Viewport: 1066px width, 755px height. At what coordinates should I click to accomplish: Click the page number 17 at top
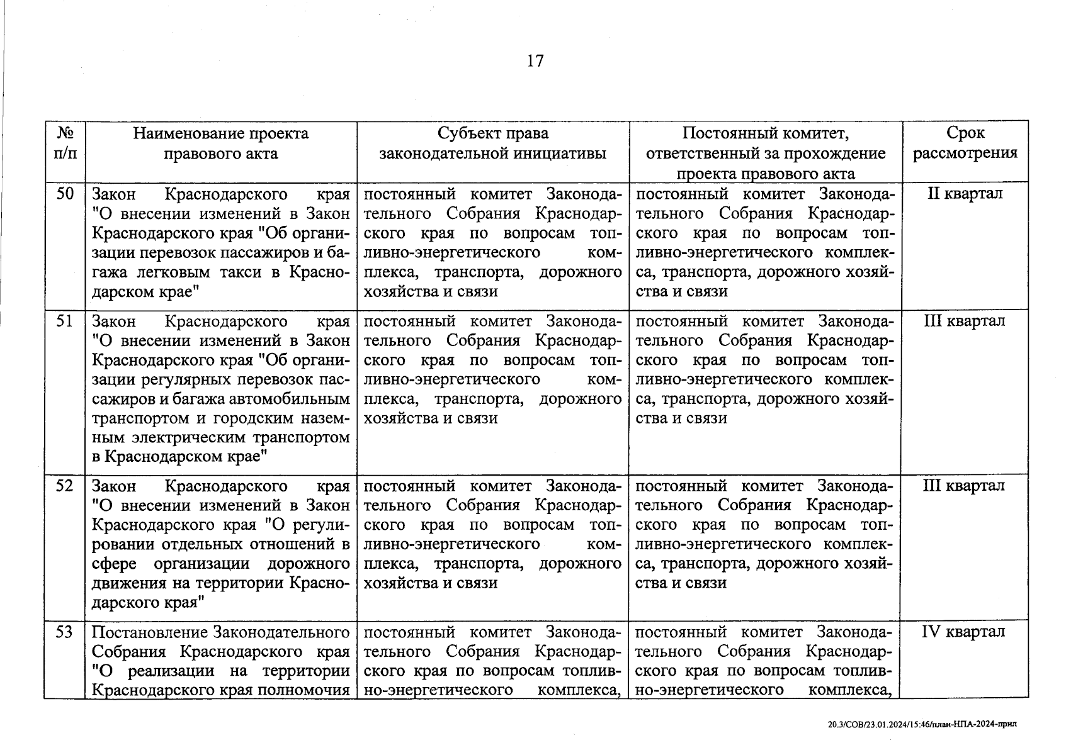pyautogui.click(x=535, y=61)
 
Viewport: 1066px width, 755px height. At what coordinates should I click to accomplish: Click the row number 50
pyautogui.click(x=65, y=194)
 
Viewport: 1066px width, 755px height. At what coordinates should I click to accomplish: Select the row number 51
pyautogui.click(x=65, y=322)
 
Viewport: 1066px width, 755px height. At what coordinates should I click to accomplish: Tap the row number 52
pyautogui.click(x=65, y=486)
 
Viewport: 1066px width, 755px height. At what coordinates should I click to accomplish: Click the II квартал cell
pyautogui.click(x=965, y=194)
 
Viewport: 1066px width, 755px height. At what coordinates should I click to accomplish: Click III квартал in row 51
pyautogui.click(x=964, y=322)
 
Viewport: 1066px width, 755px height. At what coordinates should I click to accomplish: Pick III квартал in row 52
pyautogui.click(x=964, y=486)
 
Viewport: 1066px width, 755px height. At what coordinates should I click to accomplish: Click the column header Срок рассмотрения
pyautogui.click(x=965, y=143)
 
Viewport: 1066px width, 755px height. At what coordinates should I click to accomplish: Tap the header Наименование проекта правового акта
pyautogui.click(x=220, y=143)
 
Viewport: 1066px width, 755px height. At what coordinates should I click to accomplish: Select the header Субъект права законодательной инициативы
pyautogui.click(x=493, y=143)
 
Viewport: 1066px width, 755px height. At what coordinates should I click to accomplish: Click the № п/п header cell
pyautogui.click(x=65, y=143)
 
